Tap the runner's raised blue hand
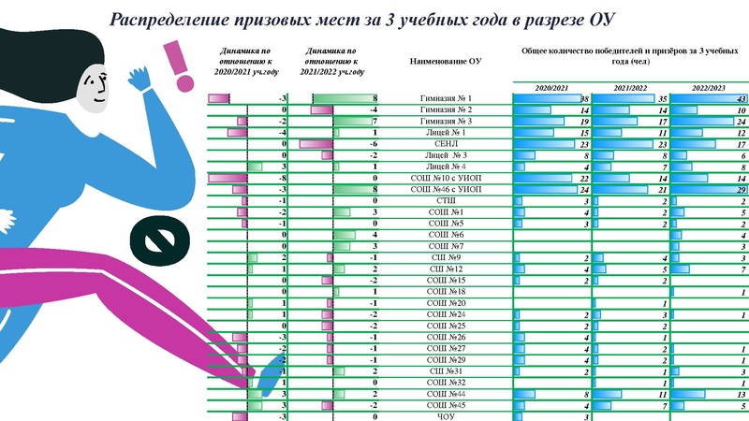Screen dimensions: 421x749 140,80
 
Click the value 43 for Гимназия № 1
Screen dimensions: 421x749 740,98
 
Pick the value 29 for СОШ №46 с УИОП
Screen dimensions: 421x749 740,189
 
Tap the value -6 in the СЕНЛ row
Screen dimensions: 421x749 373,144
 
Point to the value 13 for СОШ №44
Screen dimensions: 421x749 740,395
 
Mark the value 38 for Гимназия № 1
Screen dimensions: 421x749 584,98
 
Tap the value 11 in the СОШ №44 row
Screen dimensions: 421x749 663,395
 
